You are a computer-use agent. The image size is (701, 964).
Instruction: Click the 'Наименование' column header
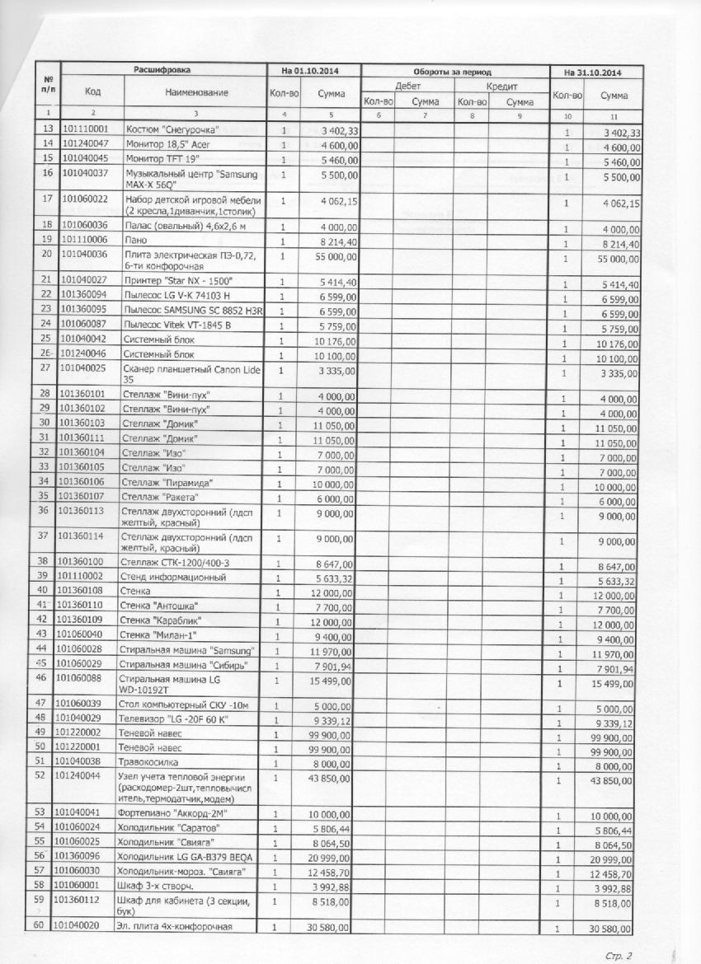pos(196,92)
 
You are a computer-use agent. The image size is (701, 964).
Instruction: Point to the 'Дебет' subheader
pos(407,86)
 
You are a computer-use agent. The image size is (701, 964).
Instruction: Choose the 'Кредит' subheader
pos(501,86)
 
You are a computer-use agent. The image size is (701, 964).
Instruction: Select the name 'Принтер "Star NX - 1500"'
pos(176,281)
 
